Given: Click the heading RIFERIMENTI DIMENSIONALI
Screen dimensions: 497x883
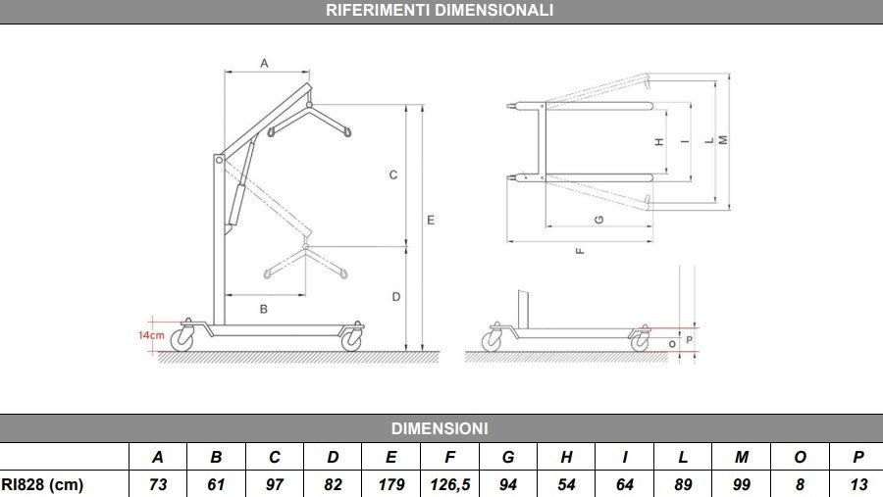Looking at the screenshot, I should pyautogui.click(x=440, y=11).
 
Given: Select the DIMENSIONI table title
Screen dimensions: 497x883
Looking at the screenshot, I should pyautogui.click(x=440, y=428).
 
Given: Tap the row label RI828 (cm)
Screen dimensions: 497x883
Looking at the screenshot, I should pyautogui.click(x=42, y=484).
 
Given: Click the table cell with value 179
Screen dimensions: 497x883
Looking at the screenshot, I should pyautogui.click(x=391, y=484).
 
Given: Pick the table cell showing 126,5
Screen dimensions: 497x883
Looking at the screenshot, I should pyautogui.click(x=450, y=484).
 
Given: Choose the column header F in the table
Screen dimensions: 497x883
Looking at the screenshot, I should pyautogui.click(x=450, y=457).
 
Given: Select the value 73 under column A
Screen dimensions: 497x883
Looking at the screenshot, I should pyautogui.click(x=158, y=484).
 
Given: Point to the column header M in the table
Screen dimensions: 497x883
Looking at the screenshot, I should pyautogui.click(x=742, y=457).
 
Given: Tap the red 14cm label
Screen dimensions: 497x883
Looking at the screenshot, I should pyautogui.click(x=150, y=334).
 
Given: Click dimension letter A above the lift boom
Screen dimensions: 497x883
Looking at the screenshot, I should pyautogui.click(x=264, y=63).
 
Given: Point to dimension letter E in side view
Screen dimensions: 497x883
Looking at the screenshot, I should pyautogui.click(x=431, y=222).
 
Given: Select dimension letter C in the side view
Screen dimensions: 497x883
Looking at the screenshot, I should pyautogui.click(x=392, y=175).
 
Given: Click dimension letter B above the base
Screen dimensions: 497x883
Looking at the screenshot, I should pyautogui.click(x=263, y=309).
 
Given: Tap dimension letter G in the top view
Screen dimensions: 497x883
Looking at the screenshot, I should pyautogui.click(x=598, y=218).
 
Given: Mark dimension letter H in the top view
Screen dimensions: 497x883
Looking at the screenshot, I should pyautogui.click(x=659, y=141).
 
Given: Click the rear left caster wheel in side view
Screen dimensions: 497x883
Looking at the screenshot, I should pyautogui.click(x=182, y=339).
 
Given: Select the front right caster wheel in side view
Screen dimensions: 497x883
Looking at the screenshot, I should pyautogui.click(x=350, y=339).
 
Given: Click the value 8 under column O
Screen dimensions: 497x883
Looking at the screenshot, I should pyautogui.click(x=800, y=484).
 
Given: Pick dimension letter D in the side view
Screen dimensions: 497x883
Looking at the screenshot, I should pyautogui.click(x=393, y=296).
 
